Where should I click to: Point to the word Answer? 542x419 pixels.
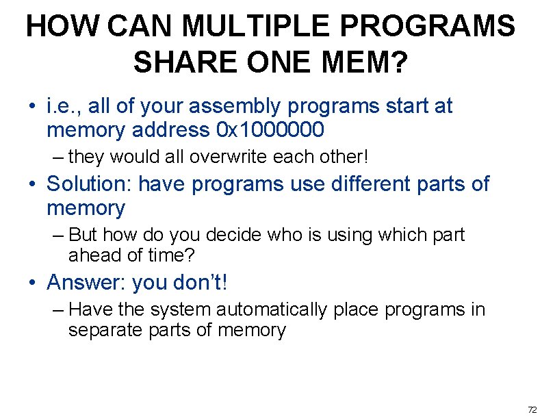(x=86, y=282)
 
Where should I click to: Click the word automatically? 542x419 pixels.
(x=272, y=310)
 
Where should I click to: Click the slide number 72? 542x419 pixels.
(x=532, y=409)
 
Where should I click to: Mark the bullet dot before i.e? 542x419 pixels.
(x=32, y=107)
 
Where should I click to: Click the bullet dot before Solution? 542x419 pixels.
(x=32, y=185)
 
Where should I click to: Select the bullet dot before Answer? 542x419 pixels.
(x=32, y=283)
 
